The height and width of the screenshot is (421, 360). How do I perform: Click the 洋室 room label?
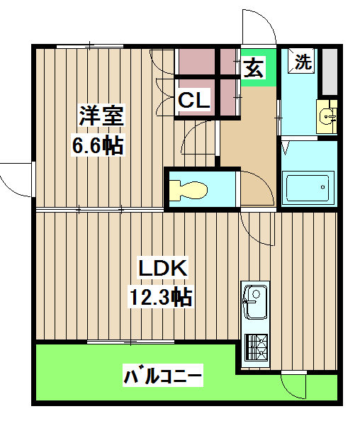point(101,115)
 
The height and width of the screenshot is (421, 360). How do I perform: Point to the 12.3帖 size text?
point(162,297)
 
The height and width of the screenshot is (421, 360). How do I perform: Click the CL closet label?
point(193,101)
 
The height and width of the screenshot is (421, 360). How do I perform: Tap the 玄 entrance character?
point(255,69)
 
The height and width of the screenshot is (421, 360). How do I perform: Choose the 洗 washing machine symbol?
point(303,62)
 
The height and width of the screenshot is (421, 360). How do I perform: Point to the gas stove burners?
point(256,347)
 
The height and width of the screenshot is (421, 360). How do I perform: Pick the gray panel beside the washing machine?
point(330,72)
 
